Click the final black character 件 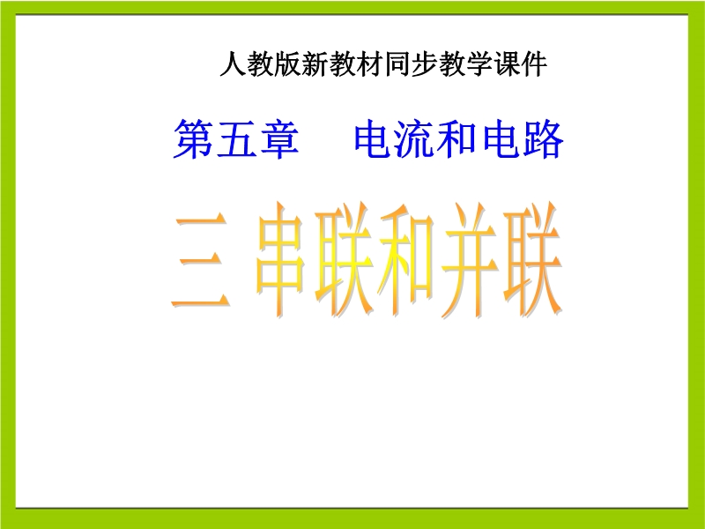(x=534, y=64)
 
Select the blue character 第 (x=193, y=138)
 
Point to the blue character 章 (x=278, y=138)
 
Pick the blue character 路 (x=543, y=138)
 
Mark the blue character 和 (x=457, y=138)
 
